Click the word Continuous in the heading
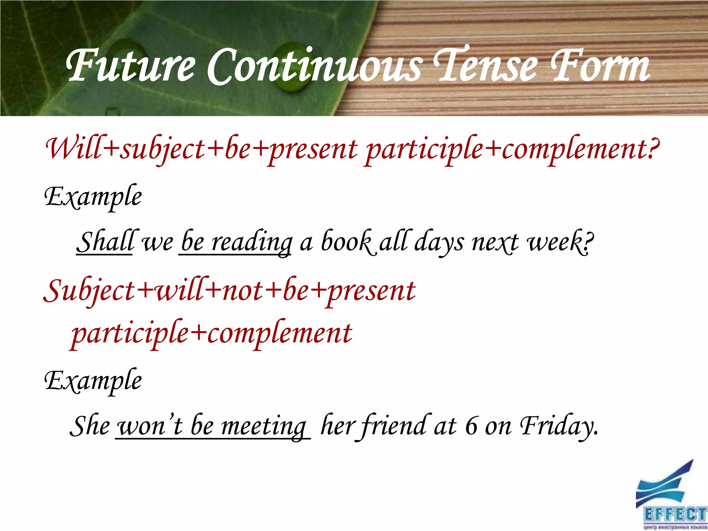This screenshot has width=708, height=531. coord(314,66)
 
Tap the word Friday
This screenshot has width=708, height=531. coord(559,426)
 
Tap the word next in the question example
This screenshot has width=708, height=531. coord(495,242)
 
